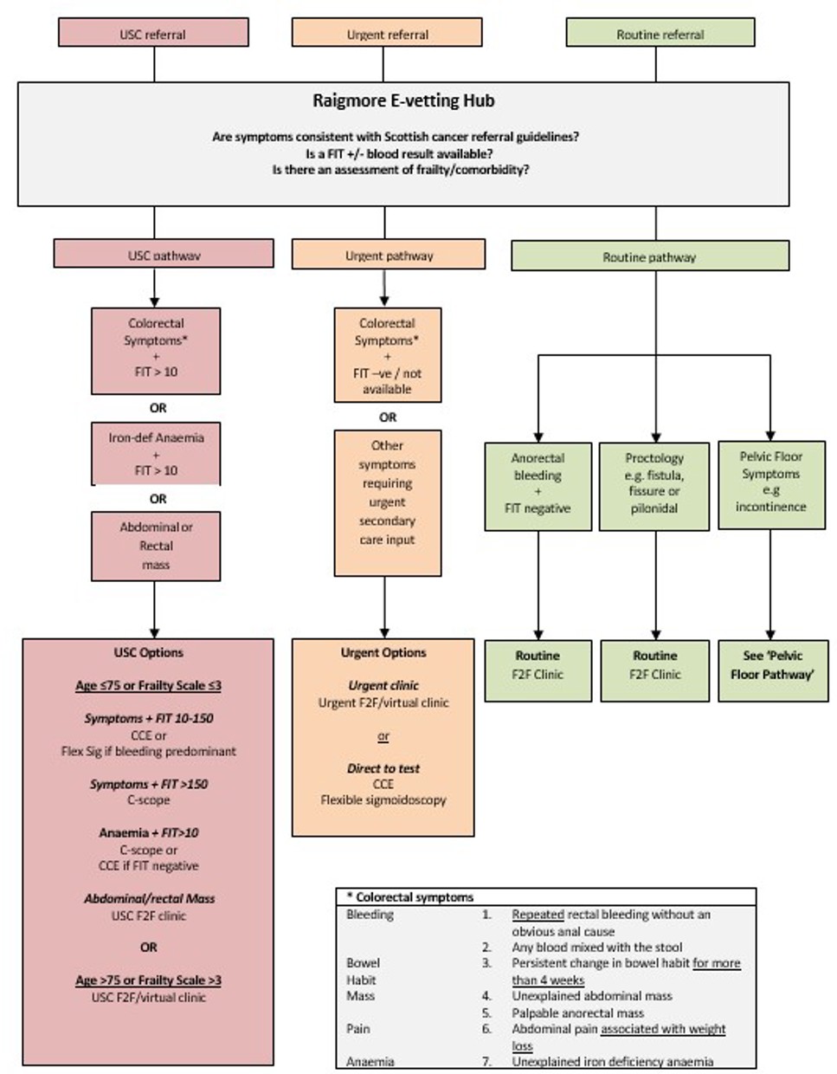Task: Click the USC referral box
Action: (x=153, y=33)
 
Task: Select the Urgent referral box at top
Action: (x=387, y=33)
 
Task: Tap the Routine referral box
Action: (x=660, y=33)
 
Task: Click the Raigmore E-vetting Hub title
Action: (x=403, y=100)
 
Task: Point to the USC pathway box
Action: (x=164, y=255)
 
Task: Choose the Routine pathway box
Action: (x=649, y=256)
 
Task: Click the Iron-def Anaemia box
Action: (x=156, y=454)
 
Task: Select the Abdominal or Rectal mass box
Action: (x=156, y=546)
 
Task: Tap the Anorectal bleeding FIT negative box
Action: (x=538, y=483)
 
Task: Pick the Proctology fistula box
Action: (x=654, y=483)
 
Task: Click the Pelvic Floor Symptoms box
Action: (x=770, y=482)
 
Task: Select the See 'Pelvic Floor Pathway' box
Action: (x=772, y=665)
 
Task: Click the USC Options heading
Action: (x=149, y=652)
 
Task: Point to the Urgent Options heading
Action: (x=383, y=652)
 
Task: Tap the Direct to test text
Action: (x=383, y=767)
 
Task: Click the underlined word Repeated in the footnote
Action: (x=538, y=914)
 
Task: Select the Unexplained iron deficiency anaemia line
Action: (x=612, y=1061)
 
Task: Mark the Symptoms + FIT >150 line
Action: (x=149, y=784)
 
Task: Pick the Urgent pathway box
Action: (x=389, y=255)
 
